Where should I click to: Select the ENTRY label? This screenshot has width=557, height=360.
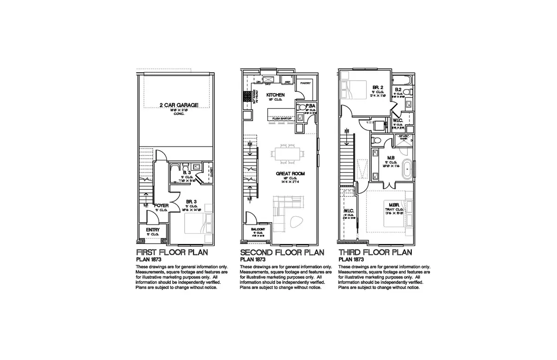click(x=153, y=230)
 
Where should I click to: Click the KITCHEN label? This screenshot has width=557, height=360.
click(x=275, y=95)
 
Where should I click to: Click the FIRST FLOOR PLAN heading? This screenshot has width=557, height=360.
click(x=171, y=252)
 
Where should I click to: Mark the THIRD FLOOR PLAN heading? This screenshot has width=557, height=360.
click(x=375, y=252)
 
